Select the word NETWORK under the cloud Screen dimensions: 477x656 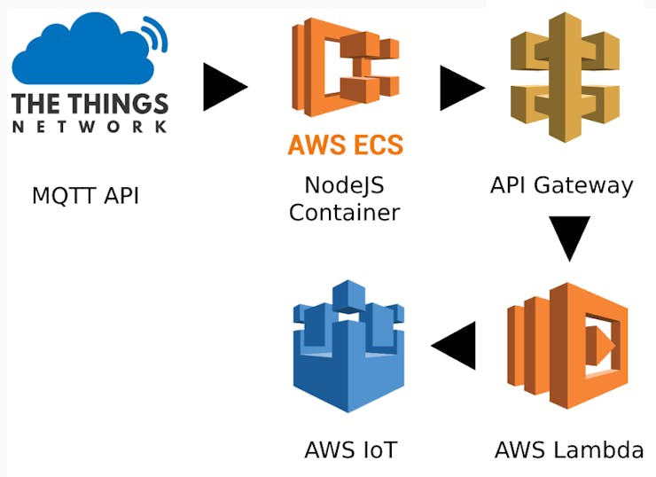(x=90, y=127)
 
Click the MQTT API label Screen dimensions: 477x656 (x=85, y=195)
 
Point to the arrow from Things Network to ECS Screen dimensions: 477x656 (x=224, y=86)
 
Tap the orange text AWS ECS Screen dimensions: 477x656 (x=345, y=145)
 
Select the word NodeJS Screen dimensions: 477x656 (x=344, y=186)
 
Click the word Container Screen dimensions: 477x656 (x=344, y=213)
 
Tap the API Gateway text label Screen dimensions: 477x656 (x=562, y=185)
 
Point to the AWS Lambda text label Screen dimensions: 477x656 (x=568, y=450)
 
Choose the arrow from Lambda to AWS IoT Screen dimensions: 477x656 (x=453, y=345)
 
